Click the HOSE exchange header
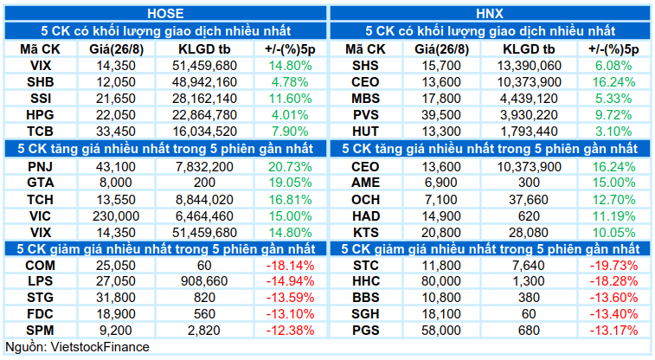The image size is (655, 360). [165, 14]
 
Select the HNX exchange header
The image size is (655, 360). [490, 14]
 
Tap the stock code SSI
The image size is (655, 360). [41, 99]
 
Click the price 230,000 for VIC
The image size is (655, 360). [116, 216]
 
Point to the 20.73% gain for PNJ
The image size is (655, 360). [290, 167]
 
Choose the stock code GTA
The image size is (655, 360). [41, 183]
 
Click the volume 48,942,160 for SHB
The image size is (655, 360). [204, 82]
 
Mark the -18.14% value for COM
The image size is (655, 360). [290, 266]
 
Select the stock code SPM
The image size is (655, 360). [41, 331]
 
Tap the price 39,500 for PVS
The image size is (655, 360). [441, 115]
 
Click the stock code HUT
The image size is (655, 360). [365, 132]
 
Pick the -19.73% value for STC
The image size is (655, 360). [613, 266]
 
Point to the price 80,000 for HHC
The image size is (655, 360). [441, 281]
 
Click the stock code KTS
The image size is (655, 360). [365, 233]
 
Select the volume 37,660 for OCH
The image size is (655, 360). [529, 200]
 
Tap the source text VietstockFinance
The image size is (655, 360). [100, 347]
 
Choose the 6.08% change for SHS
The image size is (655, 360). [613, 66]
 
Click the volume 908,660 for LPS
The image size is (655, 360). [204, 281]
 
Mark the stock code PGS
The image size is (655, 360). [365, 331]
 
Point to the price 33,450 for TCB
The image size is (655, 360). [116, 132]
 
